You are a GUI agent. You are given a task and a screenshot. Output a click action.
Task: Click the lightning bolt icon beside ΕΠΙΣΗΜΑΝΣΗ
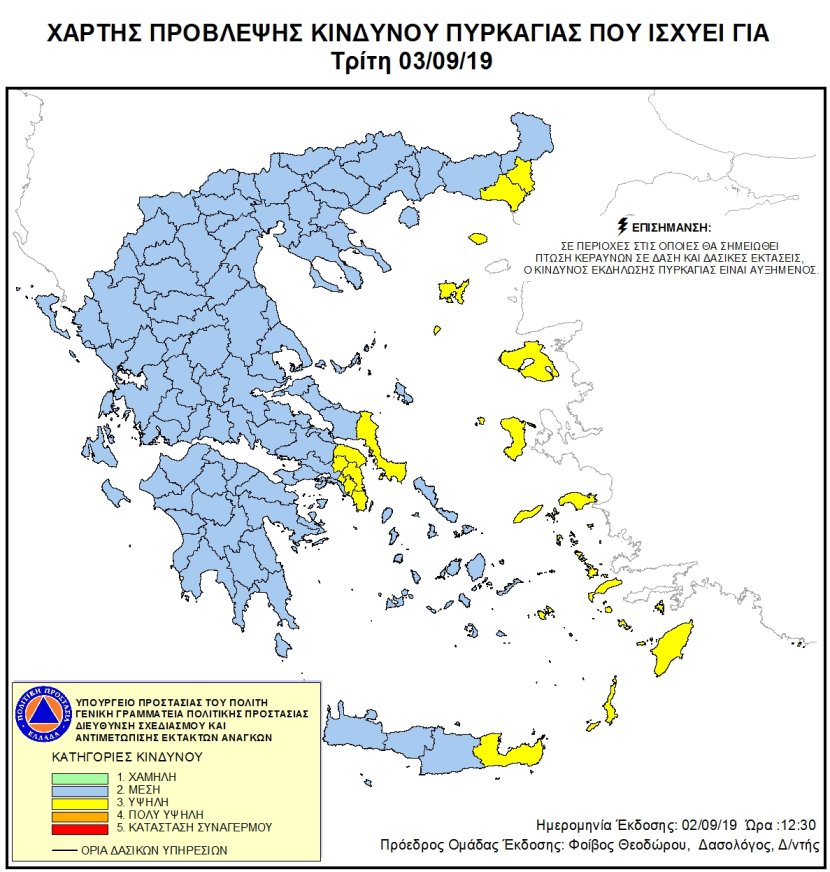pos(625,224)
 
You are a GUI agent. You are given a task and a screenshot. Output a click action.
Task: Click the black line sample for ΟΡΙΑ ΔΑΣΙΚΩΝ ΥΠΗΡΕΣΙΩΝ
pos(67,850)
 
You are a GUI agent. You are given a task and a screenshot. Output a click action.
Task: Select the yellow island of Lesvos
pos(529,361)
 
